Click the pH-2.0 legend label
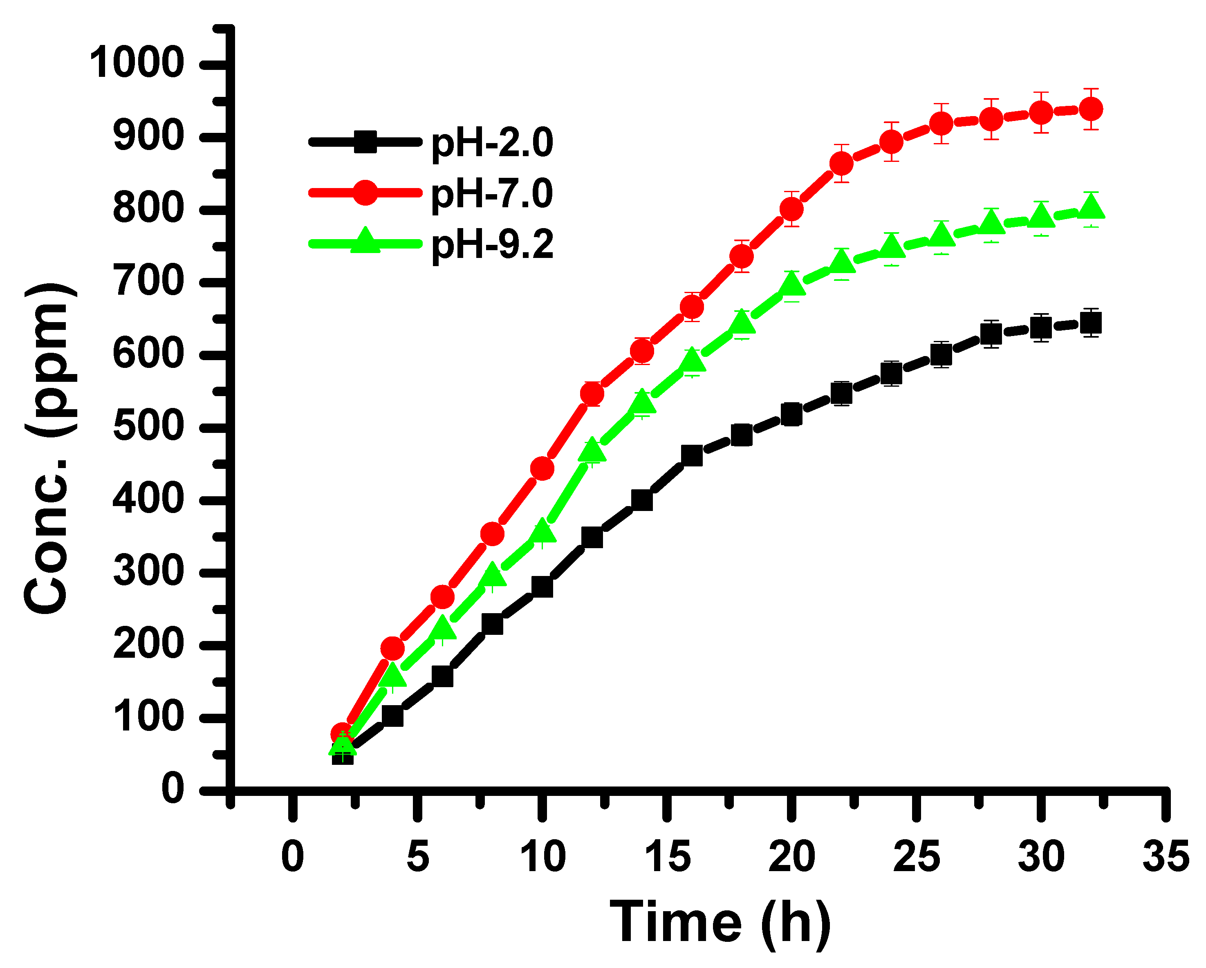point(492,143)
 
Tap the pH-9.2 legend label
point(492,244)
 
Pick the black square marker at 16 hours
point(692,456)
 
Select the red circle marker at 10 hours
point(541,468)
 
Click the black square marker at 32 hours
point(1090,323)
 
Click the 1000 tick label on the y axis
point(137,62)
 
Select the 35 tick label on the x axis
point(1165,857)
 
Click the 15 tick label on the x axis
point(667,857)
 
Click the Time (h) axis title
point(720,923)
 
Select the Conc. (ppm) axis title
point(47,447)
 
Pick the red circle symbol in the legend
point(365,193)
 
